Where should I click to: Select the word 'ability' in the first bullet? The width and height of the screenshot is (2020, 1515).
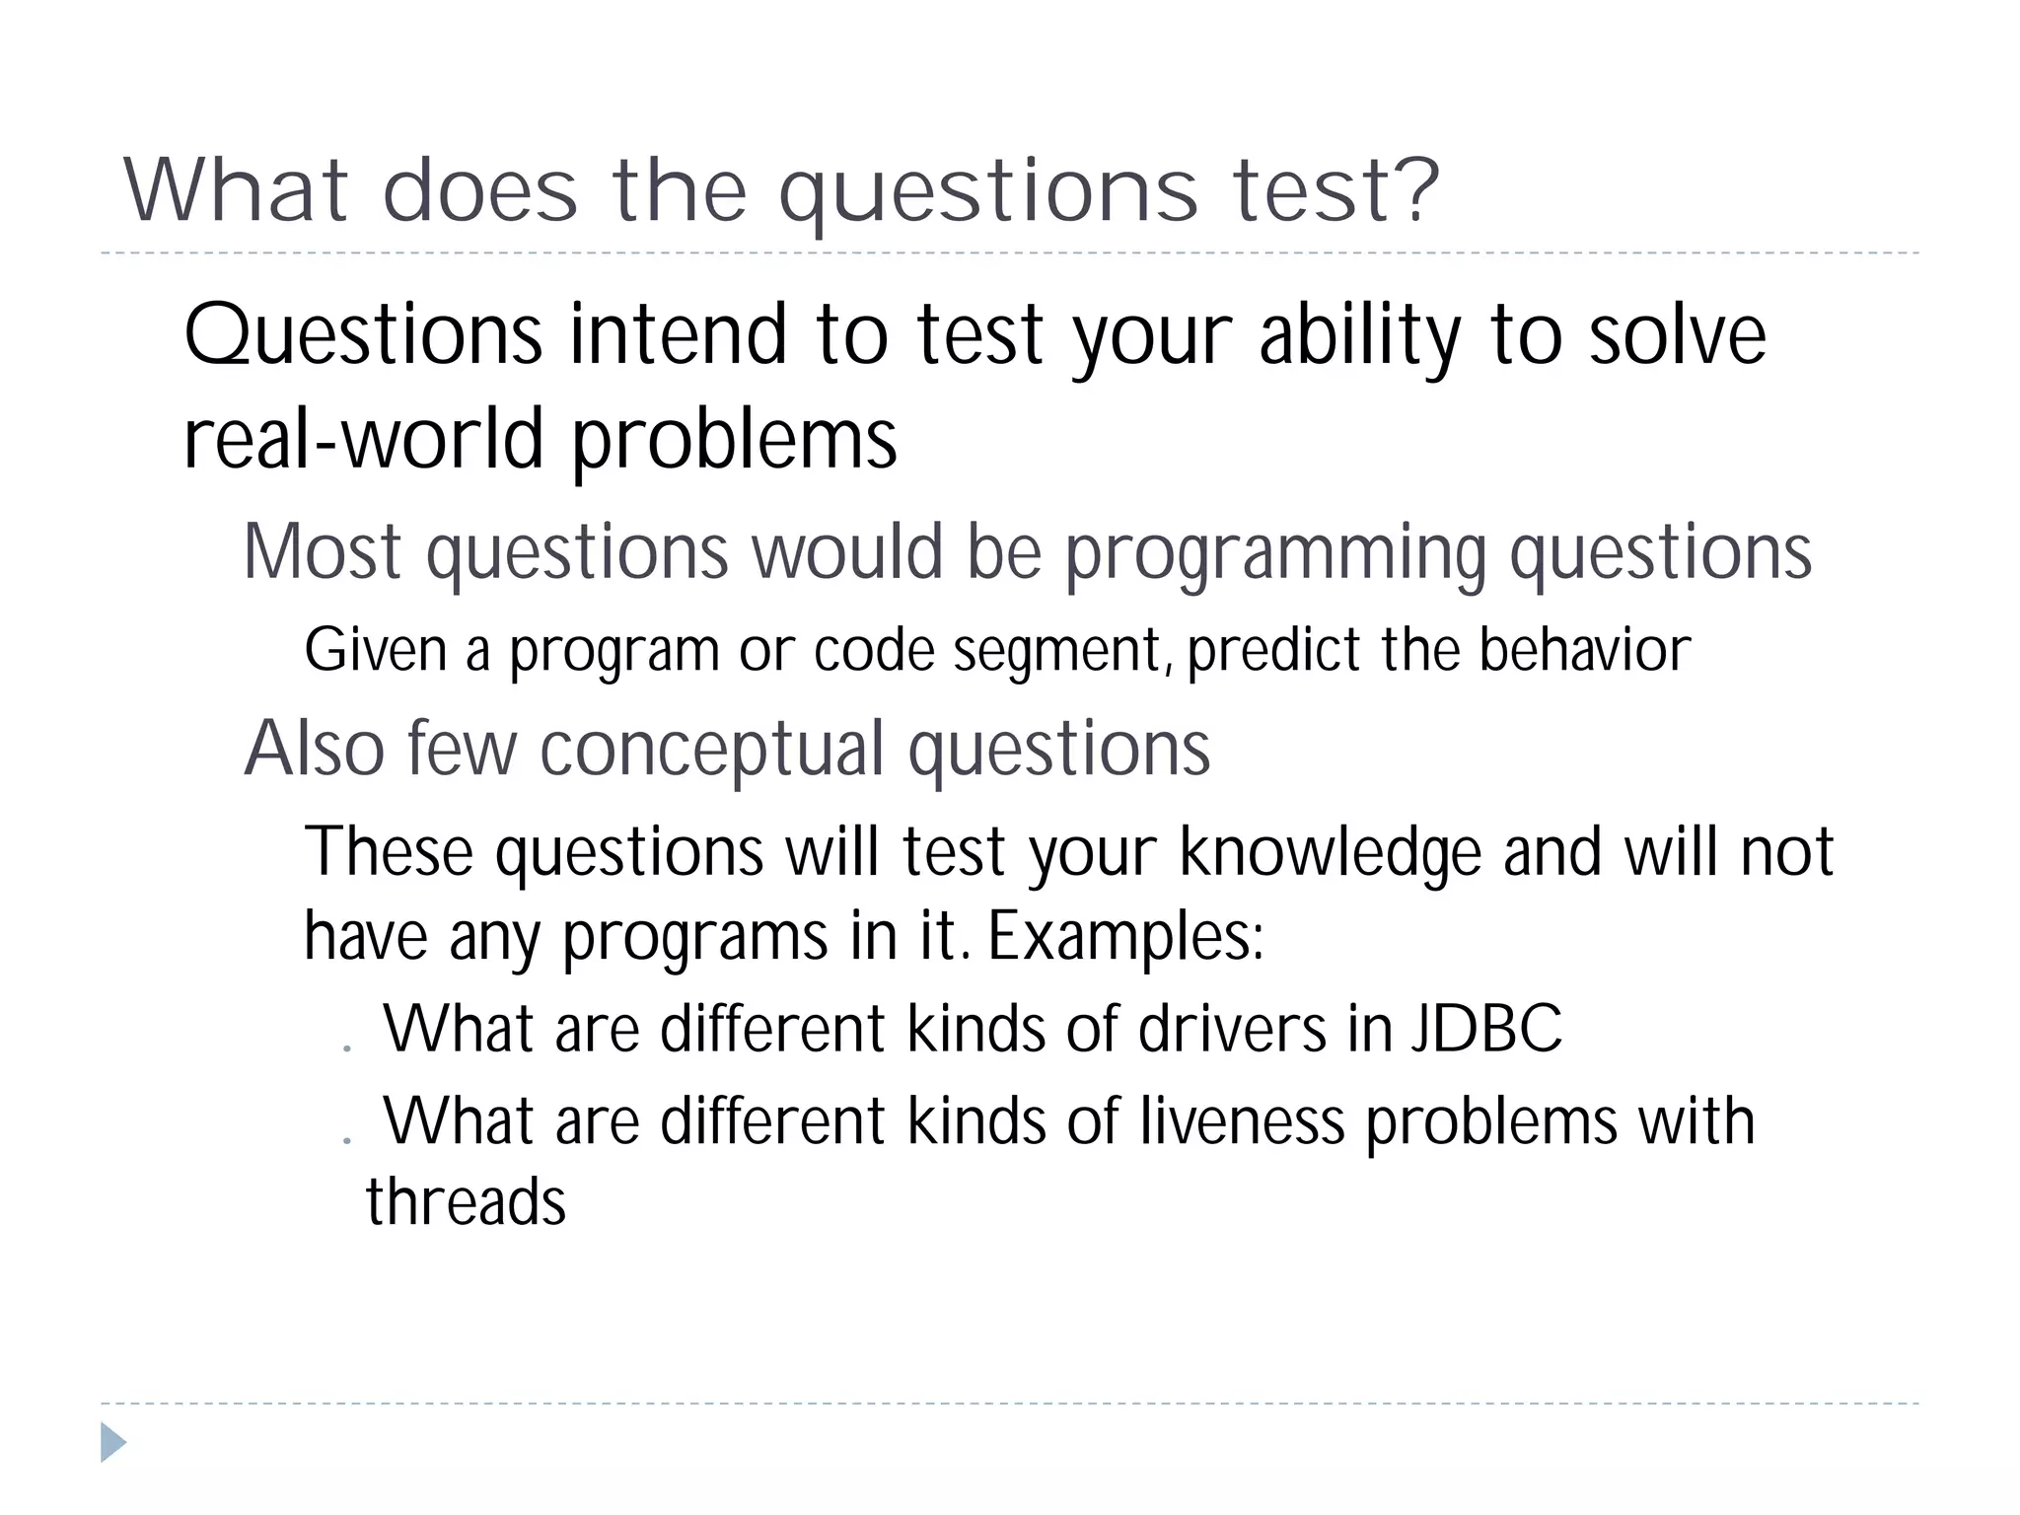[1360, 336]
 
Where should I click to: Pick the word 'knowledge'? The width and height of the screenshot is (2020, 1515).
[1330, 851]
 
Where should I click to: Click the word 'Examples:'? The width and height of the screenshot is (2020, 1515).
[1125, 936]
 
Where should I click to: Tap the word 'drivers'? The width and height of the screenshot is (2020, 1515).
[1232, 1029]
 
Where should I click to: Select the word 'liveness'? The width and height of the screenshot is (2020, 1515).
[1242, 1121]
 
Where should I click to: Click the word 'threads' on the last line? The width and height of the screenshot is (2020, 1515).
[466, 1202]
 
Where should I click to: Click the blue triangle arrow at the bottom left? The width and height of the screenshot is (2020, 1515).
[112, 1442]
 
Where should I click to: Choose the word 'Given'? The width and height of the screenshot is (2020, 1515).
[375, 651]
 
